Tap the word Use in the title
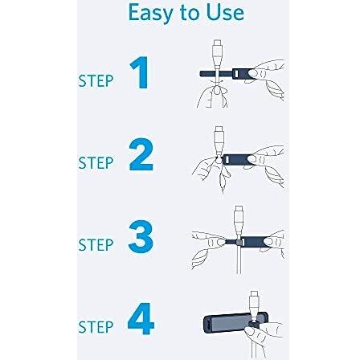pyautogui.click(x=225, y=12)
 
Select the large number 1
pyautogui.click(x=140, y=72)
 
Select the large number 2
pyautogui.click(x=141, y=154)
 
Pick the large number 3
pyautogui.click(x=141, y=236)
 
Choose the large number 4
pyautogui.click(x=141, y=318)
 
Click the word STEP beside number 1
pyautogui.click(x=96, y=81)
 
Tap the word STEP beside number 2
pyautogui.click(x=96, y=163)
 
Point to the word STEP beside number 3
pyautogui.click(x=96, y=245)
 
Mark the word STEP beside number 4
pyautogui.click(x=96, y=327)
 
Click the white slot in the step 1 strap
pyautogui.click(x=236, y=74)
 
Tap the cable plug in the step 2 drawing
pyautogui.click(x=219, y=141)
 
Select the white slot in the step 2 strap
pyautogui.click(x=227, y=160)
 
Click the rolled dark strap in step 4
pyautogui.click(x=235, y=323)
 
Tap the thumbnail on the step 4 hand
pyautogui.click(x=250, y=332)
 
